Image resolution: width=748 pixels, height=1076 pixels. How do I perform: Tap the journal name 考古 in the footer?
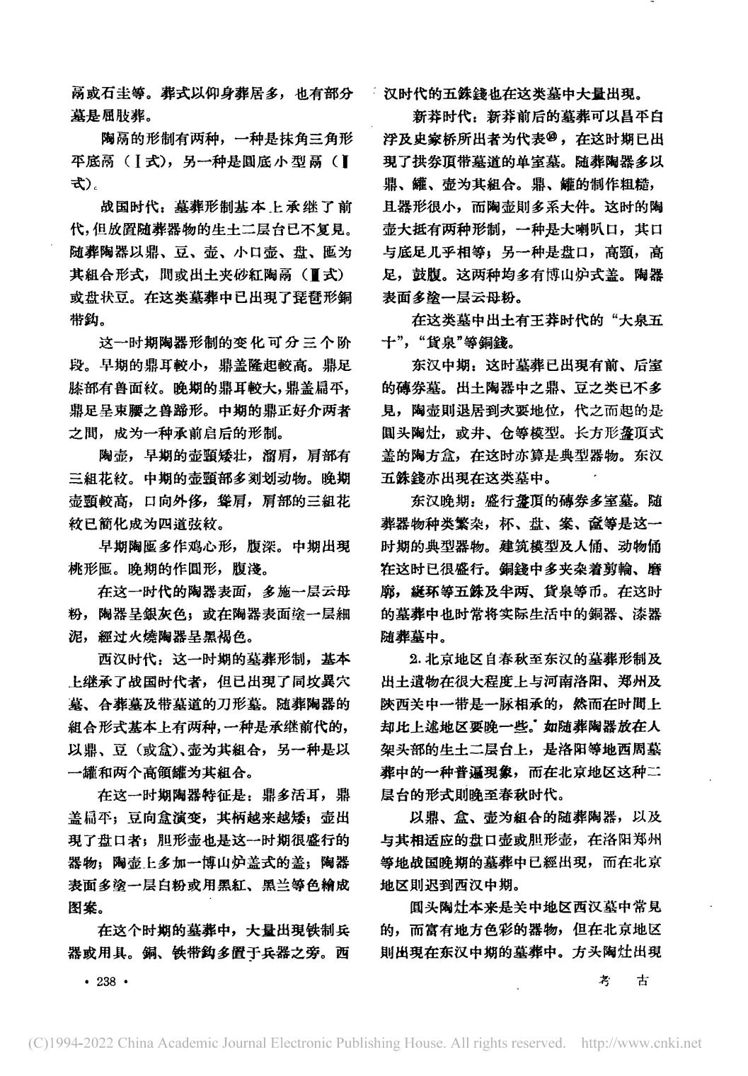(x=623, y=980)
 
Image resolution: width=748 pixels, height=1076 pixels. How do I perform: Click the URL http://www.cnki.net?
(x=640, y=1043)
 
